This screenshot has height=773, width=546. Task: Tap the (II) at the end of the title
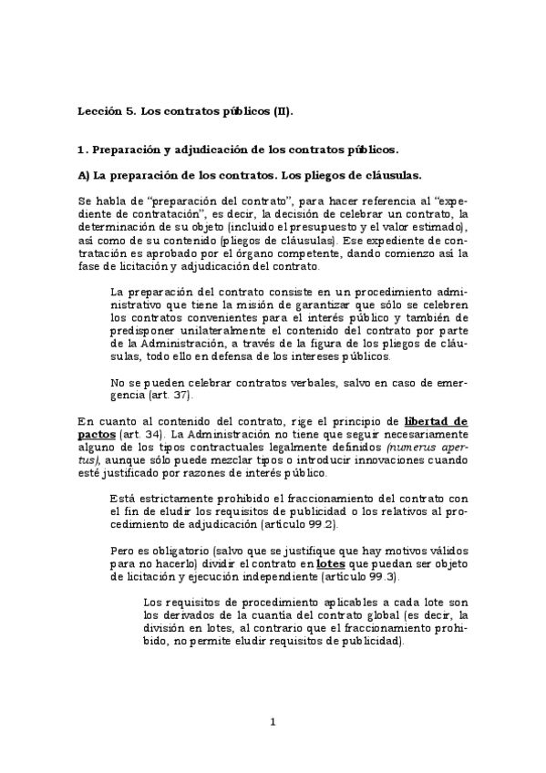tap(283, 111)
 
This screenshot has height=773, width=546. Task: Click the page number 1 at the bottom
tap(273, 723)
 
